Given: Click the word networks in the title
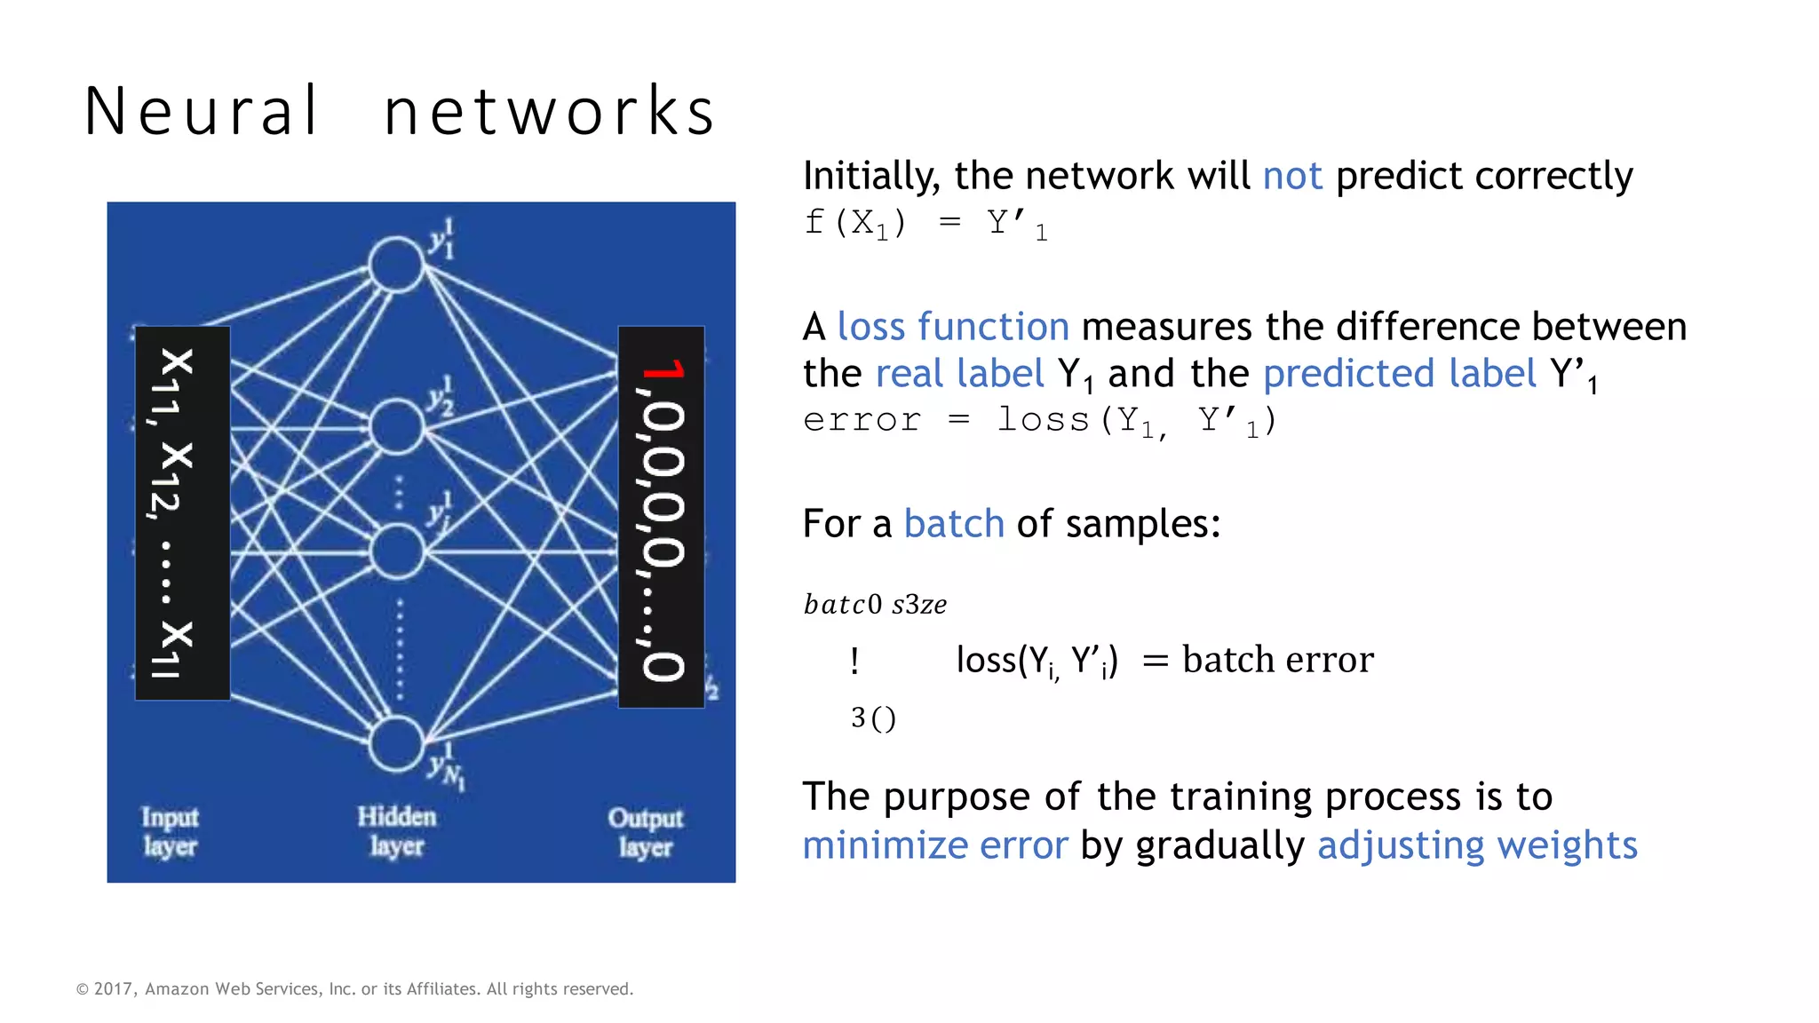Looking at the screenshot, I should click(x=549, y=112).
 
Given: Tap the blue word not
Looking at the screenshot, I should click(x=1292, y=176).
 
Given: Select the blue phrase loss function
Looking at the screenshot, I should click(x=953, y=327).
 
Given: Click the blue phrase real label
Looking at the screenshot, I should click(x=959, y=374).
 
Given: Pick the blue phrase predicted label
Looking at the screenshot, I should click(x=1399, y=374).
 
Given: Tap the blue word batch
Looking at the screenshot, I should click(x=953, y=524).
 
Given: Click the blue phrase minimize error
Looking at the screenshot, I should click(x=934, y=845).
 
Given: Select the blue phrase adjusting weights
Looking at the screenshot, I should click(x=1477, y=845).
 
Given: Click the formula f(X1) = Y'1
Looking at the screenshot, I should click(x=925, y=224).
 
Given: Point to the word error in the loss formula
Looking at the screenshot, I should click(x=862, y=420).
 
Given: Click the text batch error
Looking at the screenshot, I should click(x=1277, y=660).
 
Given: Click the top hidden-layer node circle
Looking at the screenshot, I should click(x=396, y=264).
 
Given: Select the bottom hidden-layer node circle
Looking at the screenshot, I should click(x=396, y=743).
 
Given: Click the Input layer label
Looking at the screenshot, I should click(x=170, y=831).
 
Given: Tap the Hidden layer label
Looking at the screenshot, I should click(x=396, y=831).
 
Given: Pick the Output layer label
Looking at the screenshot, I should click(x=645, y=831).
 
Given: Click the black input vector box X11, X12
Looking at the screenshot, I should click(x=182, y=513).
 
